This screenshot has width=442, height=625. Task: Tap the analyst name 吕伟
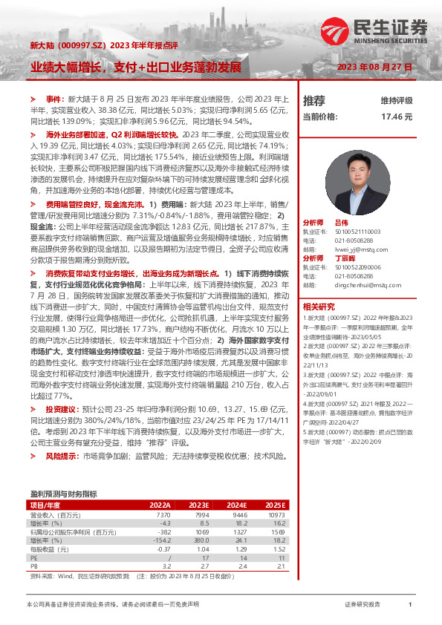click(x=342, y=222)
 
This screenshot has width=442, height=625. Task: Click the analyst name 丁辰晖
click(x=345, y=257)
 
